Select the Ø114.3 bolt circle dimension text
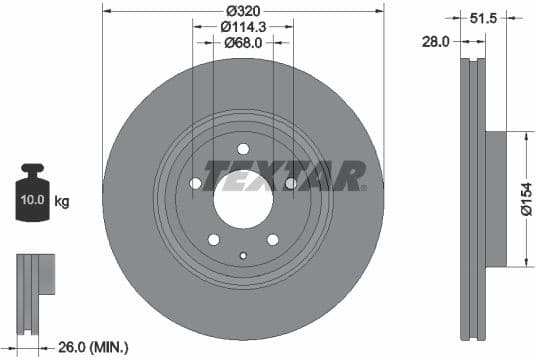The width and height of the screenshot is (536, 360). (x=243, y=27)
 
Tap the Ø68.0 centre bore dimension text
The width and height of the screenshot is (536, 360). (x=243, y=42)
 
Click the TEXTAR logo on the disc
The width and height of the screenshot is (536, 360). (x=284, y=175)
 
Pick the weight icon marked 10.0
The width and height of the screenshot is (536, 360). (x=32, y=196)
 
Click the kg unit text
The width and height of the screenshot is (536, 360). (x=62, y=202)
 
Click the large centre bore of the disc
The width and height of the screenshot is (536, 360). (x=243, y=195)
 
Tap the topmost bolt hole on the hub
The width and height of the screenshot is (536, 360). (x=243, y=149)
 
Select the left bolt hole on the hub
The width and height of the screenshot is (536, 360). (x=195, y=183)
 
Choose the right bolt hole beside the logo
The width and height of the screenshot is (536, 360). (x=291, y=183)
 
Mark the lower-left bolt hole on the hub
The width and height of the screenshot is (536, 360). (x=214, y=239)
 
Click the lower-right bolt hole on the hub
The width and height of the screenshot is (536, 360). (x=272, y=239)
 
